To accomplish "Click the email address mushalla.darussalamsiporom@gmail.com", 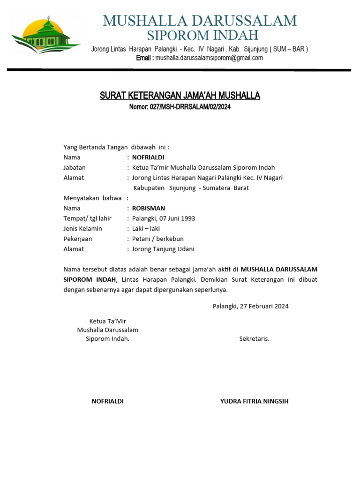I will tap(209, 58).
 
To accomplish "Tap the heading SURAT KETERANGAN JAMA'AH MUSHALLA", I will tap(180, 96).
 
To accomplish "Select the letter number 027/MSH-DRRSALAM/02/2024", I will tap(190, 107).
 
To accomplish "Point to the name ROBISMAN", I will tap(149, 208).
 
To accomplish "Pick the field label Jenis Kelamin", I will tap(82, 229).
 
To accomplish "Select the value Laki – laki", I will tap(146, 229).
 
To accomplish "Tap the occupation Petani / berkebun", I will tap(158, 239).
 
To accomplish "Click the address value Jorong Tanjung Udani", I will tap(163, 249).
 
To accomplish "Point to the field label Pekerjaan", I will tap(78, 239).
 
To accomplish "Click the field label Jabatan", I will tap(75, 167).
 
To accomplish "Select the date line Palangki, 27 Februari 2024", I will tap(250, 307).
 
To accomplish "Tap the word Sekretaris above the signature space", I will tap(254, 339).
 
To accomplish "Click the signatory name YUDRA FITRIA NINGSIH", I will tap(255, 401).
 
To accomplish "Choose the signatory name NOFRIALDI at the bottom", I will tap(107, 401).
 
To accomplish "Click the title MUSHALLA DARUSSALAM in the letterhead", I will tap(200, 21).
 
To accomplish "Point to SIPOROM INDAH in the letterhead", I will tap(202, 35).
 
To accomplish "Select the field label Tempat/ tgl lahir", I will tap(88, 218).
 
